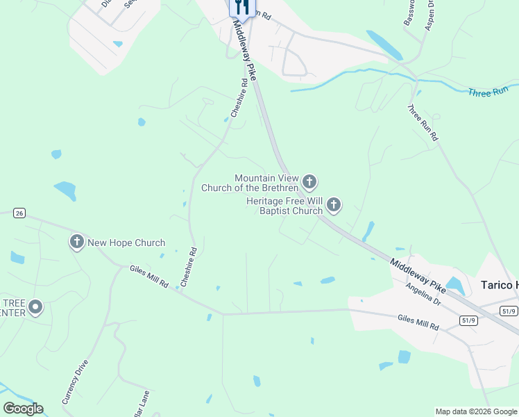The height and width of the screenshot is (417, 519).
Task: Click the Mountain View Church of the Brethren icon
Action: click(309, 182)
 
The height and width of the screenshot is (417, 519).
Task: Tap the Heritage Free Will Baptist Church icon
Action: click(334, 205)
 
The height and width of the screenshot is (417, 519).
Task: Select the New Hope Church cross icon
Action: click(76, 243)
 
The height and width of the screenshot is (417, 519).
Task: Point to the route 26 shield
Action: click(19, 213)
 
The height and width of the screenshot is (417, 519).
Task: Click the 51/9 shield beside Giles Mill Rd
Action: click(468, 319)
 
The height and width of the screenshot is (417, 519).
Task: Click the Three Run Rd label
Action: click(423, 123)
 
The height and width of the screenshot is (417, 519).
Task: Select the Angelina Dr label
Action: click(423, 295)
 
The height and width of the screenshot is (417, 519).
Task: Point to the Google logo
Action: click(23, 409)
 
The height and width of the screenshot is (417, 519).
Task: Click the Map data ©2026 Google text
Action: click(476, 411)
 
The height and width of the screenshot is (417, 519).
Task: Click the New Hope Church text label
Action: click(126, 243)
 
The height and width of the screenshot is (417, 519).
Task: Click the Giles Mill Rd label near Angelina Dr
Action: click(418, 322)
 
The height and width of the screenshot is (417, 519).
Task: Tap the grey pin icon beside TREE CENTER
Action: click(35, 306)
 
